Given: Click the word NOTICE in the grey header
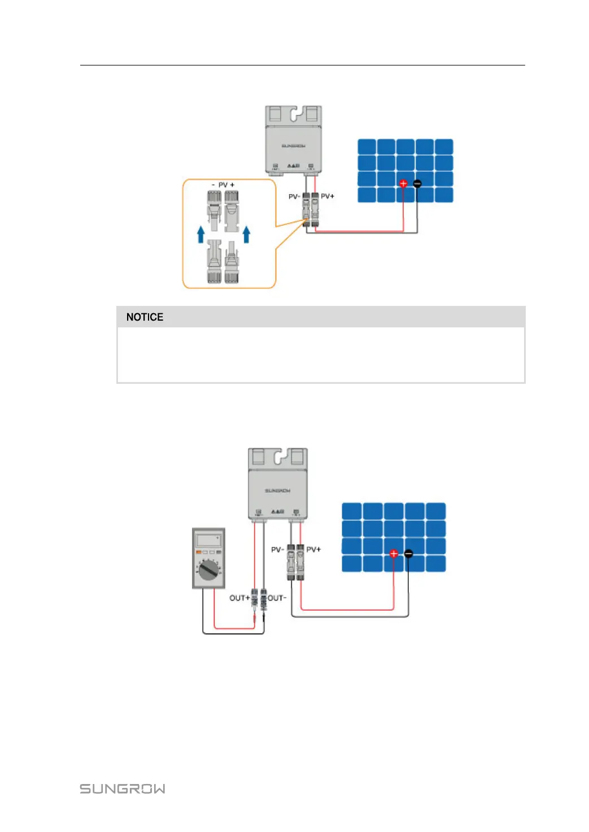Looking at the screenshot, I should (x=145, y=317).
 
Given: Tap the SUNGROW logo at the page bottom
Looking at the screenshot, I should (x=123, y=789).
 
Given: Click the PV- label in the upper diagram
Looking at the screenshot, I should (x=294, y=196).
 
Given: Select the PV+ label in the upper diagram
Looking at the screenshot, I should (x=328, y=196).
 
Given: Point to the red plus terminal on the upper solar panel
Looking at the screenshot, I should (x=403, y=183).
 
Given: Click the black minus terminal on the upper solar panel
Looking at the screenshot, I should (x=417, y=183).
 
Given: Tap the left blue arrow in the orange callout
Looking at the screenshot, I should (x=200, y=234).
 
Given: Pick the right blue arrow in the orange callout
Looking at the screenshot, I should (x=246, y=234).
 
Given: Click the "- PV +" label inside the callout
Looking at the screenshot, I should (x=223, y=185).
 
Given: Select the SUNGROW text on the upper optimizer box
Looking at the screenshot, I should (x=294, y=146).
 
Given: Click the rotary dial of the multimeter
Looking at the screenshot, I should (x=209, y=571).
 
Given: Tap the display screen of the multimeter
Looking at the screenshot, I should (x=208, y=540).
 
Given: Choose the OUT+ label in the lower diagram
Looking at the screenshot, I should (x=239, y=598).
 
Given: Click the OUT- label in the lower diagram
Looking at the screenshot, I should (x=277, y=598).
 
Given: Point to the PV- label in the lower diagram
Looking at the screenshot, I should (x=277, y=549).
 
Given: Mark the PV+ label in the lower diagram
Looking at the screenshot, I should (x=313, y=549).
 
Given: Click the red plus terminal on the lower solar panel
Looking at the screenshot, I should (x=394, y=554).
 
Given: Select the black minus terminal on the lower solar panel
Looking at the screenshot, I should (x=408, y=554).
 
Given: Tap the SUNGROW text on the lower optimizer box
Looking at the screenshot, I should (x=277, y=491).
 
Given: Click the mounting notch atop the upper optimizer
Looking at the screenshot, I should (x=294, y=115).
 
